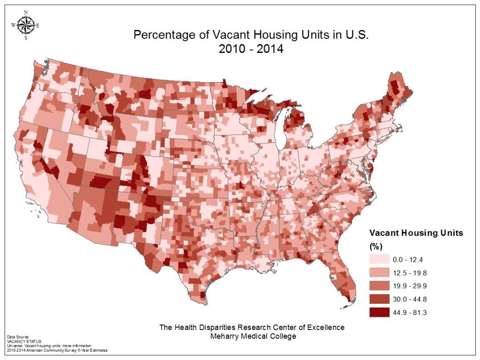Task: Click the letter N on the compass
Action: point(25,13)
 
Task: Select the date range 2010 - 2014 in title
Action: point(251,49)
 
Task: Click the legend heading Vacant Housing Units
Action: point(416,233)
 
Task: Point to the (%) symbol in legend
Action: point(376,245)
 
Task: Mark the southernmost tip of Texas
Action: point(202,300)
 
